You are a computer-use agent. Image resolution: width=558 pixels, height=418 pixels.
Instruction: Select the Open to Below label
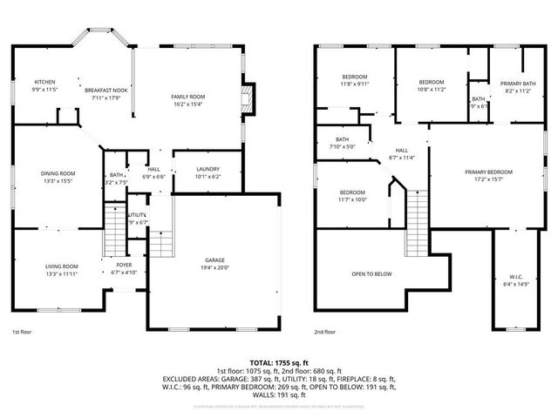371,273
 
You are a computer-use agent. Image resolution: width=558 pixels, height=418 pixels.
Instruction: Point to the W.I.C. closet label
516,280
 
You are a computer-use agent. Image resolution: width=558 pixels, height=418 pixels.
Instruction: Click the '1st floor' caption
23,332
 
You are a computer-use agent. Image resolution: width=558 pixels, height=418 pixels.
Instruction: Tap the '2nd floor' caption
325,332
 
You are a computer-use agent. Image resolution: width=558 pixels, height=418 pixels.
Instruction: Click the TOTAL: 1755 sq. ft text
279,361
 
